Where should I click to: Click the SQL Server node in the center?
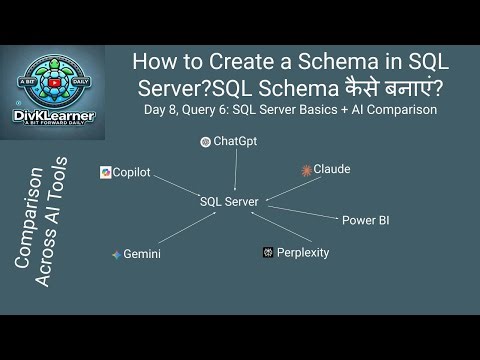tap(229, 202)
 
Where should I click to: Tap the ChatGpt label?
tap(235, 142)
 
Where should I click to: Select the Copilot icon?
tap(105, 173)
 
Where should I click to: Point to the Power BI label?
tap(365, 220)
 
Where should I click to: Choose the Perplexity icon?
tap(268, 253)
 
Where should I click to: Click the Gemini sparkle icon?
tap(116, 255)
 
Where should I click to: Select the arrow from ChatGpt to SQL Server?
tap(235, 170)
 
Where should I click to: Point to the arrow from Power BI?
tap(305, 211)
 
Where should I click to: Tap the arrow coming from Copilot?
tap(170, 186)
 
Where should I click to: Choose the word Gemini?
tap(142, 255)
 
